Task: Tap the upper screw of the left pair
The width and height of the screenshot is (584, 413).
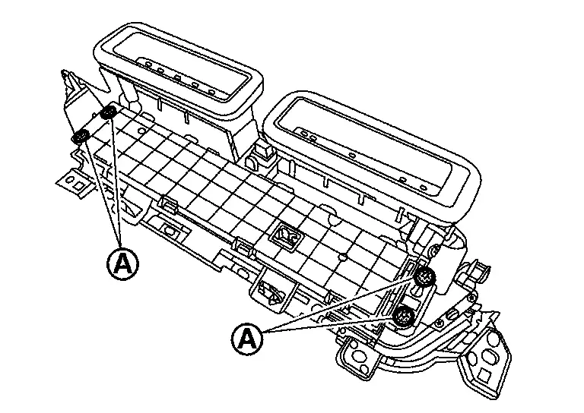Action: [x=108, y=113]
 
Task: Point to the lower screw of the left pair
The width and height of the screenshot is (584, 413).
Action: [x=81, y=137]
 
